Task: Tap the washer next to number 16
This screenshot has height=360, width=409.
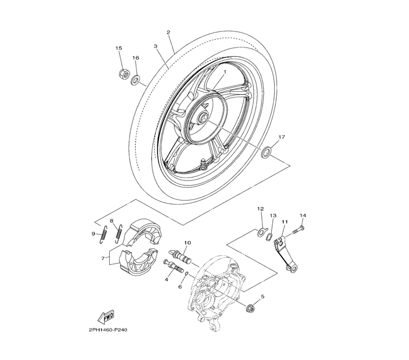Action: [x=135, y=80]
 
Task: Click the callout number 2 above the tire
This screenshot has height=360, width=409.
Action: [x=169, y=32]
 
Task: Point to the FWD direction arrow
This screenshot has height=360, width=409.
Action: [x=106, y=317]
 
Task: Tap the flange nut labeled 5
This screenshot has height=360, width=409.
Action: [x=250, y=308]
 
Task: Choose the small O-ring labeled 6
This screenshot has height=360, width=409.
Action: [x=186, y=274]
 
